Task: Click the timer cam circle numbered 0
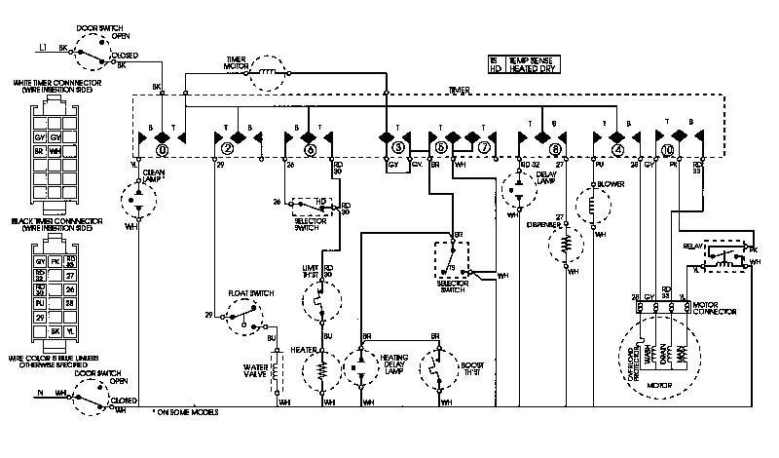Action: pyautogui.click(x=163, y=150)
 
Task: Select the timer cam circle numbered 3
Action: pyautogui.click(x=398, y=149)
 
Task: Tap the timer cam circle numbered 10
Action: pyautogui.click(x=667, y=150)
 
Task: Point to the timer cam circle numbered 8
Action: pyautogui.click(x=555, y=150)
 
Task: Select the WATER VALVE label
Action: pyautogui.click(x=254, y=372)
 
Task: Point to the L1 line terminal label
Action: pyautogui.click(x=43, y=47)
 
